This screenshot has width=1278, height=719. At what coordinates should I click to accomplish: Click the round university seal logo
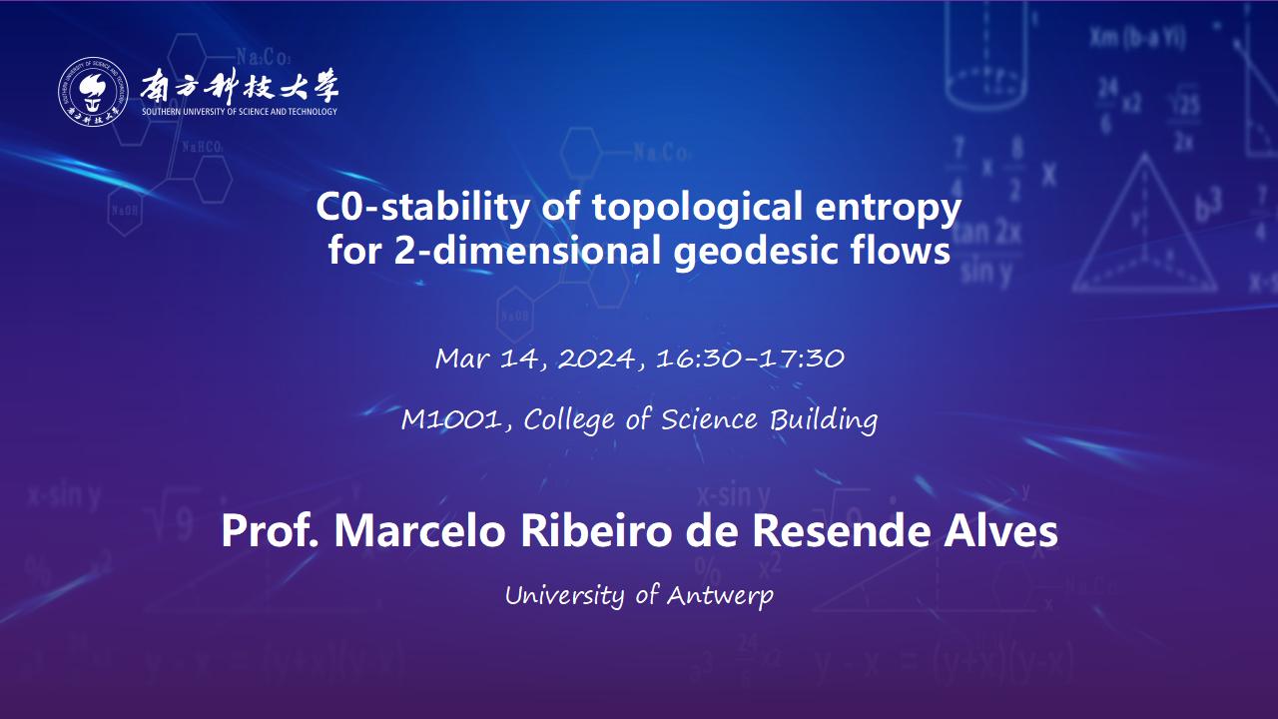[x=93, y=91]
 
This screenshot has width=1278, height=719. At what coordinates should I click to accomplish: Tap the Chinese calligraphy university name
[x=240, y=86]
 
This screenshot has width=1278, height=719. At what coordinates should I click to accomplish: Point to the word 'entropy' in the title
[x=889, y=210]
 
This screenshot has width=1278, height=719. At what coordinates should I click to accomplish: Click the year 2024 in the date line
[x=597, y=359]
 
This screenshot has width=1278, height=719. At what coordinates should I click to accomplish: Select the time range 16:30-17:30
[x=750, y=359]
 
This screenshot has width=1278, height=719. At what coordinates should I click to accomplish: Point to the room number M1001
[x=450, y=420]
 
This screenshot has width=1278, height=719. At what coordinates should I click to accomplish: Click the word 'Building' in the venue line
[x=824, y=420]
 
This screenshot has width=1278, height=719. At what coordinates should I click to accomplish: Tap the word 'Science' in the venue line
[x=709, y=420]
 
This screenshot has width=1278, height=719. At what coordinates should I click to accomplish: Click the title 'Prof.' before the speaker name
[x=270, y=530]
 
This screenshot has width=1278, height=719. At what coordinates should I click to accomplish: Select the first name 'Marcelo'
[x=420, y=530]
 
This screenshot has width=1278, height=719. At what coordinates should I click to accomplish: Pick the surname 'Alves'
[x=1000, y=530]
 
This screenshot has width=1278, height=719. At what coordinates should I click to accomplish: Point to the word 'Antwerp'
[x=720, y=596]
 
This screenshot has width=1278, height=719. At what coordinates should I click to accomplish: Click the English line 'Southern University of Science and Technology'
[x=240, y=112]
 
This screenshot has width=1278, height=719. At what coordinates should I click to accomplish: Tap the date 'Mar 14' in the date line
[x=486, y=359]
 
